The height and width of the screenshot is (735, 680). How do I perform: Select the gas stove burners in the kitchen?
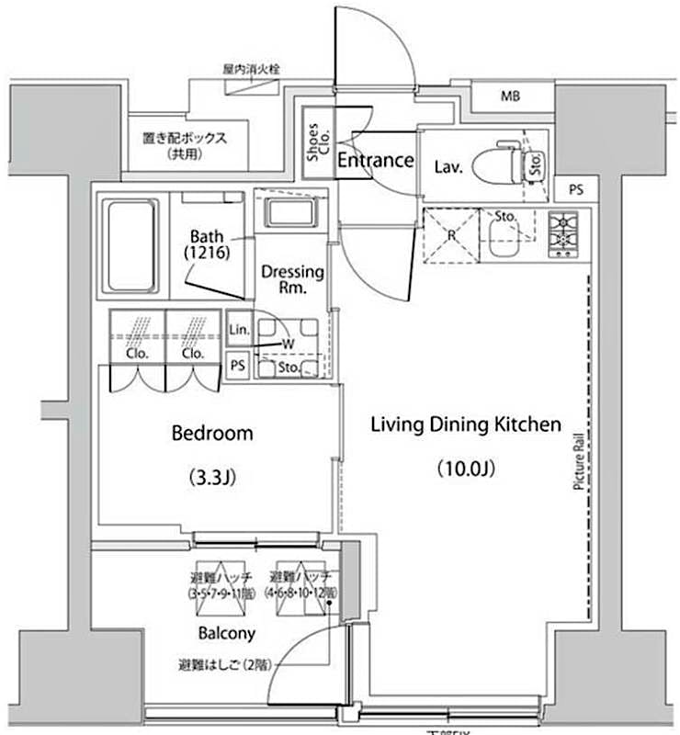pos(562,233)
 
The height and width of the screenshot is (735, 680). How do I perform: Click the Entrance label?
pos(375,161)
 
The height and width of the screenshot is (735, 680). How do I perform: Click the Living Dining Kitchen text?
pos(465,424)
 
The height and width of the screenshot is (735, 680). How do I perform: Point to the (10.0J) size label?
pos(466,469)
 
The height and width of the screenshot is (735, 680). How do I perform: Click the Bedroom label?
pos(212,433)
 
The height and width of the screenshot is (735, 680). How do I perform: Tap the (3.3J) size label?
pos(213,478)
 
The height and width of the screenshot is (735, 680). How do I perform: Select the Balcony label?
pos(226,633)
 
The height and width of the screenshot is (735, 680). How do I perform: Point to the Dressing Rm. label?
pos(292,279)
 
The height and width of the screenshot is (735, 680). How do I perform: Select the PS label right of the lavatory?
pos(576,190)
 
